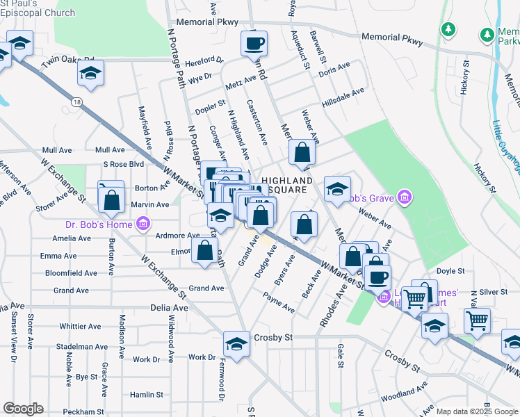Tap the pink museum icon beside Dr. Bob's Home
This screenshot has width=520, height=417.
tap(143, 224)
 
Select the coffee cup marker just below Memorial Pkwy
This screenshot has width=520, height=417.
tap(254, 44)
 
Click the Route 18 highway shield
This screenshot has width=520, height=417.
tap(74, 101)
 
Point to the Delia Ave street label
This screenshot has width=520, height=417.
tap(170, 307)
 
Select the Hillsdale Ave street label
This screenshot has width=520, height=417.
tap(343, 97)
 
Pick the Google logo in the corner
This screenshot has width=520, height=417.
tap(23, 408)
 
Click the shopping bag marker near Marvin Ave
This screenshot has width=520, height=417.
tap(111, 200)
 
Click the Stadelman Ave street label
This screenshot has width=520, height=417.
tap(80, 345)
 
